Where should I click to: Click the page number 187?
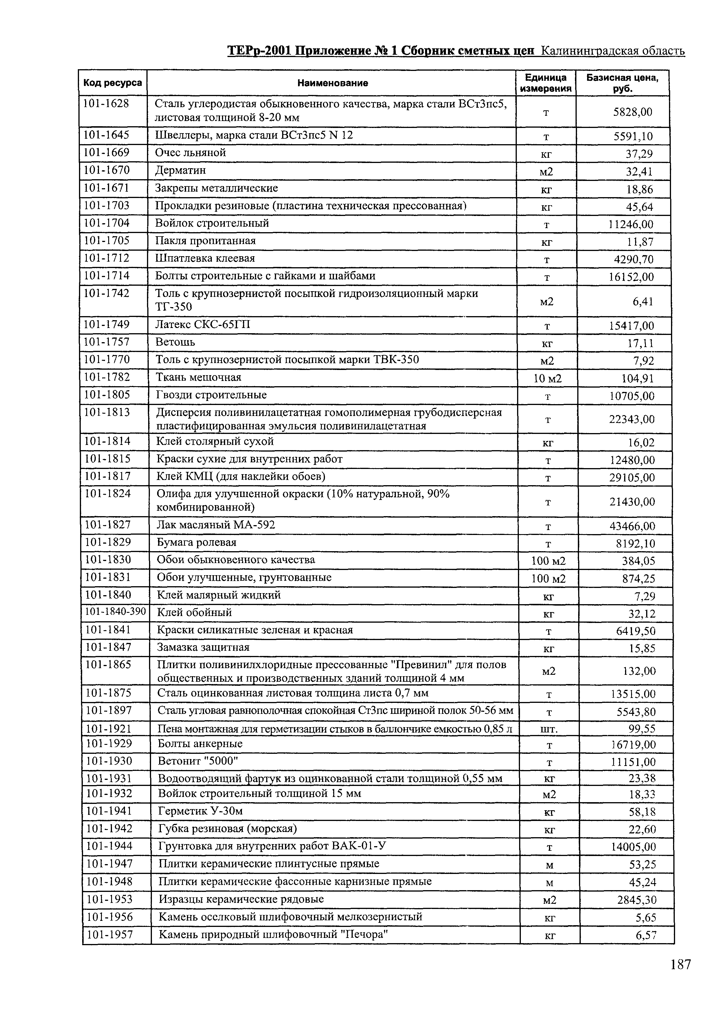[680, 977]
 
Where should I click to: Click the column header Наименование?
[332, 83]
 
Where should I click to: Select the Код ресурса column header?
[113, 83]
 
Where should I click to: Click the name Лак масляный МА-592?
[216, 525]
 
